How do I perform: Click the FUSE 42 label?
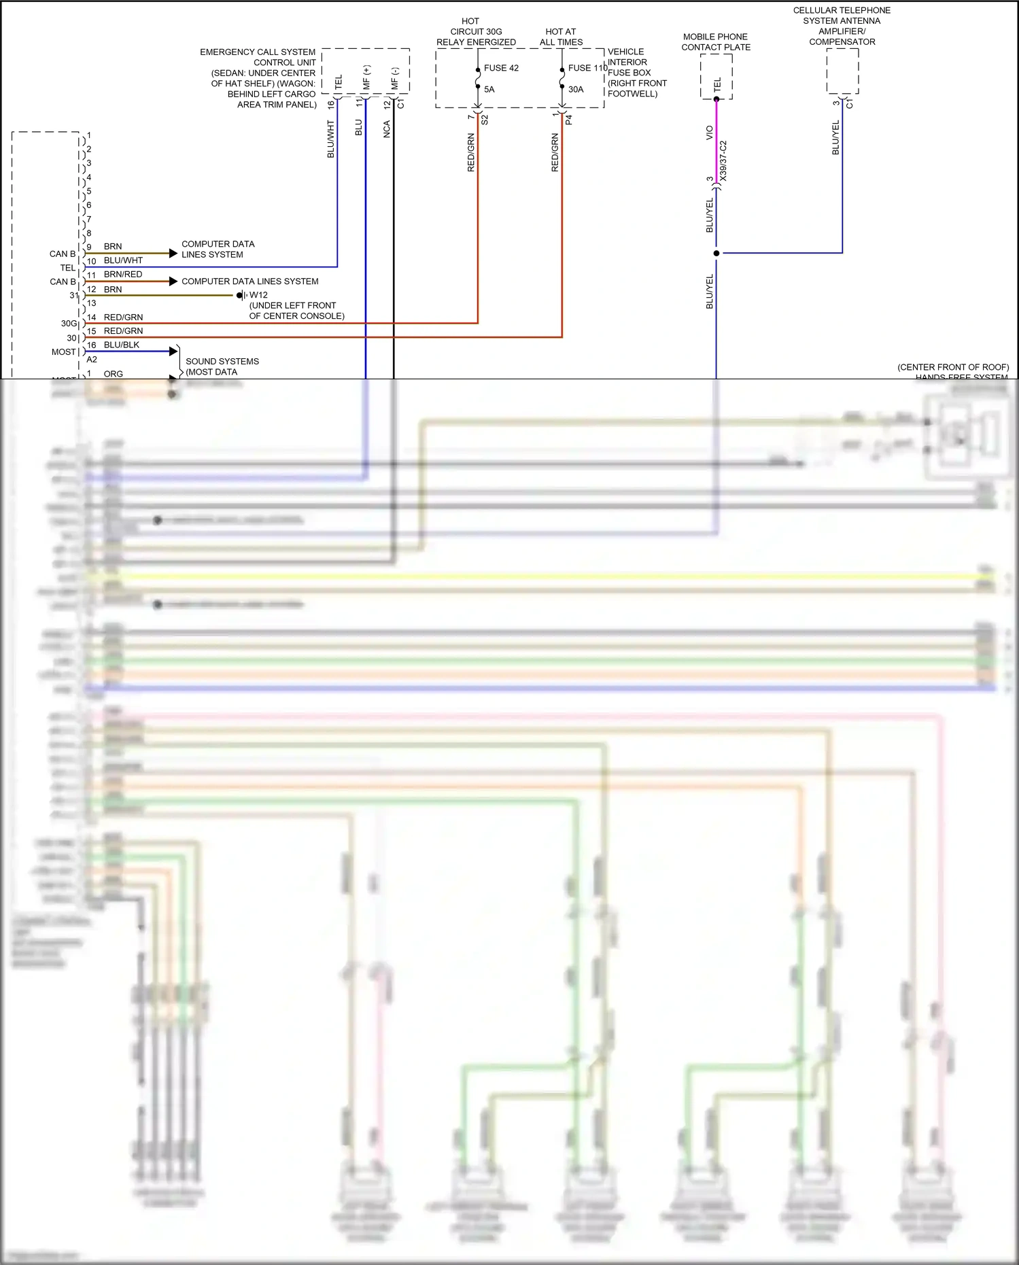pos(501,68)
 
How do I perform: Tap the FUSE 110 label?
pos(587,68)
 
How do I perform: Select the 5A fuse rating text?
pos(489,89)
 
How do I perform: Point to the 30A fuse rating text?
pos(576,89)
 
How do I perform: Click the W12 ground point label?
pos(258,295)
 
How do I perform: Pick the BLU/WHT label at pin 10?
pos(123,260)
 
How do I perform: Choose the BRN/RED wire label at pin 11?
pos(123,275)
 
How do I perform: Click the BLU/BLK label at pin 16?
pos(122,345)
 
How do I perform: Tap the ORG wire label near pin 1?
pos(114,374)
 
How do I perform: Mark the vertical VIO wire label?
pos(710,133)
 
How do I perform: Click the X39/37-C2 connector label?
pos(723,160)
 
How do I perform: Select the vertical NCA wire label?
pos(387,129)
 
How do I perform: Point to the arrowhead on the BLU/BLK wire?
pos(173,351)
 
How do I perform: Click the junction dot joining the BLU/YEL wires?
pos(716,254)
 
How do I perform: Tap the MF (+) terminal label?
pos(367,78)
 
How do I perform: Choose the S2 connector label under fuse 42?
pos(485,120)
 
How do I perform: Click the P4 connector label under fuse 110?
pos(569,120)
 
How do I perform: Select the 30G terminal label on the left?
pos(69,324)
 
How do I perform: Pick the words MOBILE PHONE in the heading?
pos(715,37)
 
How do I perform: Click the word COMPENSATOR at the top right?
pos(842,42)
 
